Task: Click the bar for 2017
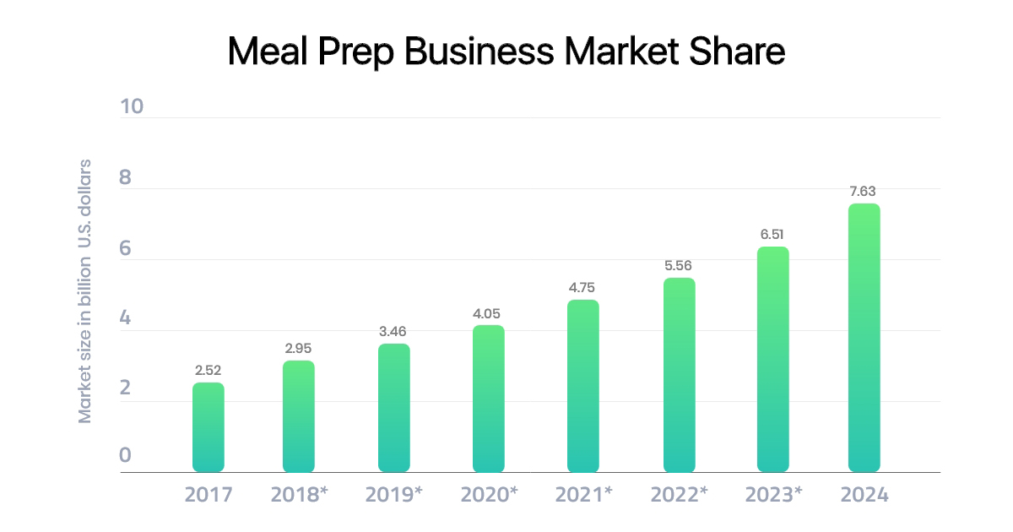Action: click(208, 427)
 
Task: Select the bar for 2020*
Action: click(488, 399)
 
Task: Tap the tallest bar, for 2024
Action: click(864, 338)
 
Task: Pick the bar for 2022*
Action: click(679, 375)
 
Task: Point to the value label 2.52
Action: click(208, 370)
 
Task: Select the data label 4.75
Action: click(582, 287)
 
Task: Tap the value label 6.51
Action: click(772, 234)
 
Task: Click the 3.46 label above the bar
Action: click(393, 331)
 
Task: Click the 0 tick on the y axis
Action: click(125, 456)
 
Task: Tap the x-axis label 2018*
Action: click(299, 495)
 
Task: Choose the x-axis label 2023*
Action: click(773, 495)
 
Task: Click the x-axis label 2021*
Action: click(583, 495)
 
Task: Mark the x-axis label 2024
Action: click(864, 495)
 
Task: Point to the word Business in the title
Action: click(478, 52)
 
